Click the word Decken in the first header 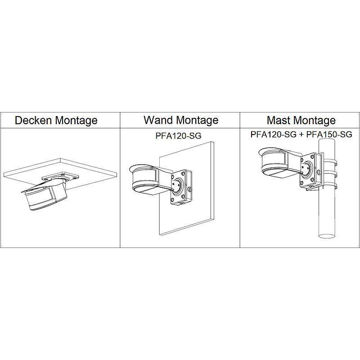tap(33, 120)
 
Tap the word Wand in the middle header tap(158, 120)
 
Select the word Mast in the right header tap(278, 120)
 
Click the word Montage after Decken tap(76, 121)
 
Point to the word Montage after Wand tap(198, 120)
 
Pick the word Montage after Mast tap(314, 120)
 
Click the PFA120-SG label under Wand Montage tap(178, 136)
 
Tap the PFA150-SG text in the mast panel tap(329, 134)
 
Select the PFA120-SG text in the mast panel tap(274, 134)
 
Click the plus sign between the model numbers tap(301, 135)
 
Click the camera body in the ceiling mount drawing tap(45, 196)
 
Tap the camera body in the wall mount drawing tap(152, 180)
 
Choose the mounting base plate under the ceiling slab tap(60, 177)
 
